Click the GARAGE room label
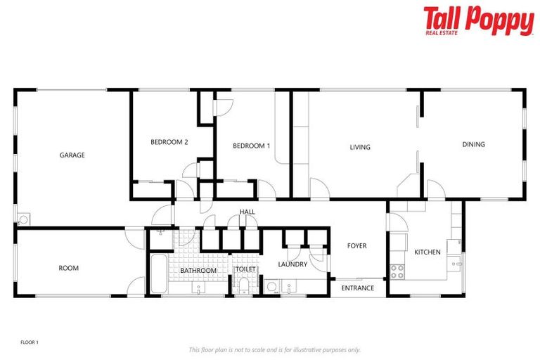72,155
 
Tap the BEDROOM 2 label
169,142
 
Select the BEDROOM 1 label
252,146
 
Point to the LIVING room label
360,148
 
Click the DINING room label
473,145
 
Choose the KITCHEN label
427,252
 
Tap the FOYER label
357,246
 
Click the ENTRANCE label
357,288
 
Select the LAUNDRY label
292,264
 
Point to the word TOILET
245,269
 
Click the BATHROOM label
198,270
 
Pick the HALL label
247,212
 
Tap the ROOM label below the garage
68,268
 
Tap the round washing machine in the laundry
271,287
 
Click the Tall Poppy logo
478,20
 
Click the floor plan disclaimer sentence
274,349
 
